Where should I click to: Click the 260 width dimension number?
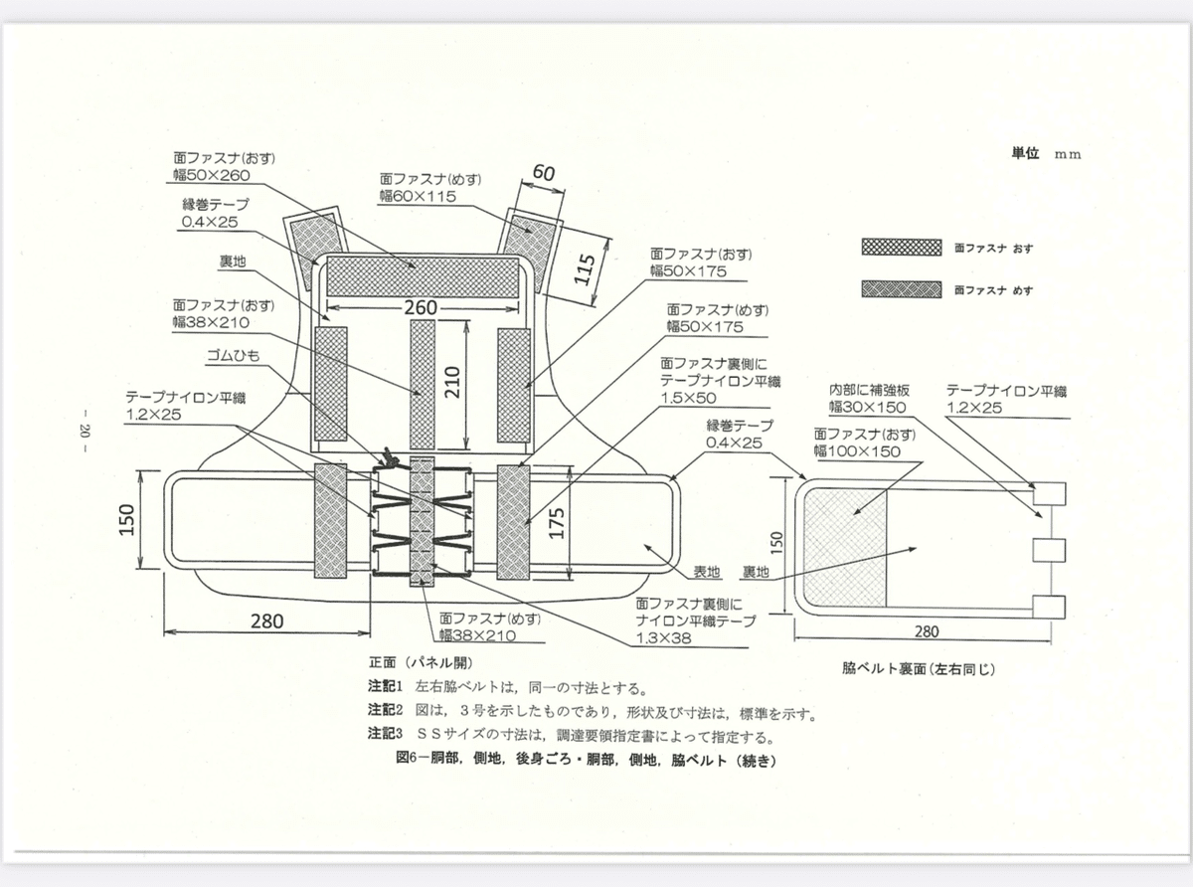click(422, 307)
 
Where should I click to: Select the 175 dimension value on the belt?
click(558, 523)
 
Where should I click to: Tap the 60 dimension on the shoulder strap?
click(543, 173)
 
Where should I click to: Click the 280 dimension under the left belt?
click(265, 621)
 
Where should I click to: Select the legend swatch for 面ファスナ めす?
click(901, 289)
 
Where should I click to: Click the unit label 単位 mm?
click(1045, 154)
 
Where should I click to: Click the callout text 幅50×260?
click(211, 175)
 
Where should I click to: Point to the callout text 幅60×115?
click(418, 197)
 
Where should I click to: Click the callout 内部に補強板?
click(870, 390)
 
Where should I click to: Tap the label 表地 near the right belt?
click(706, 574)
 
